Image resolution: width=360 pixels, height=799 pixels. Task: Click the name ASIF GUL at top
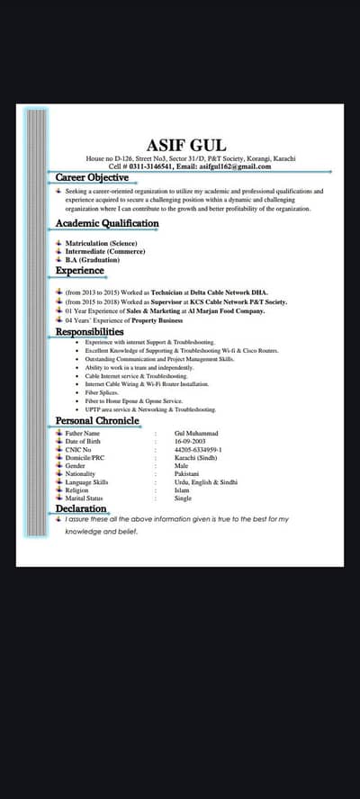186,145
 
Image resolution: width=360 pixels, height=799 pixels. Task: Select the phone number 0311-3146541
146,166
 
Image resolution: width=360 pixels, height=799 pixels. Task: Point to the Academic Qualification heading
107,223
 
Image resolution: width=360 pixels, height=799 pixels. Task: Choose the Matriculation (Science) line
101,243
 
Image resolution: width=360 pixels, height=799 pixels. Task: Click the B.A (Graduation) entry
92,260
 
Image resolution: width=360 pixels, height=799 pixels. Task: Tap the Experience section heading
80,271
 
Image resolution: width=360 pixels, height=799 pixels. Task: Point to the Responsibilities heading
96,332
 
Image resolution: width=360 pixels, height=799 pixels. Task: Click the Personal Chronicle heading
97,420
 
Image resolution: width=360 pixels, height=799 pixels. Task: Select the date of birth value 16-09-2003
191,441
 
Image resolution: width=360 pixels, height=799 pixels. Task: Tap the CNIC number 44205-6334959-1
198,449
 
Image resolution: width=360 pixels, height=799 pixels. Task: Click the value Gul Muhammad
196,433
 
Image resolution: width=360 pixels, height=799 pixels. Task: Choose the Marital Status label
85,498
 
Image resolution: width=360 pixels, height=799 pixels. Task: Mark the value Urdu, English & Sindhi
206,481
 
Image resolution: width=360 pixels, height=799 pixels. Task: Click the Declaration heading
81,509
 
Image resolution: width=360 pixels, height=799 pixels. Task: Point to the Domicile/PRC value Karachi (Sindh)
196,457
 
